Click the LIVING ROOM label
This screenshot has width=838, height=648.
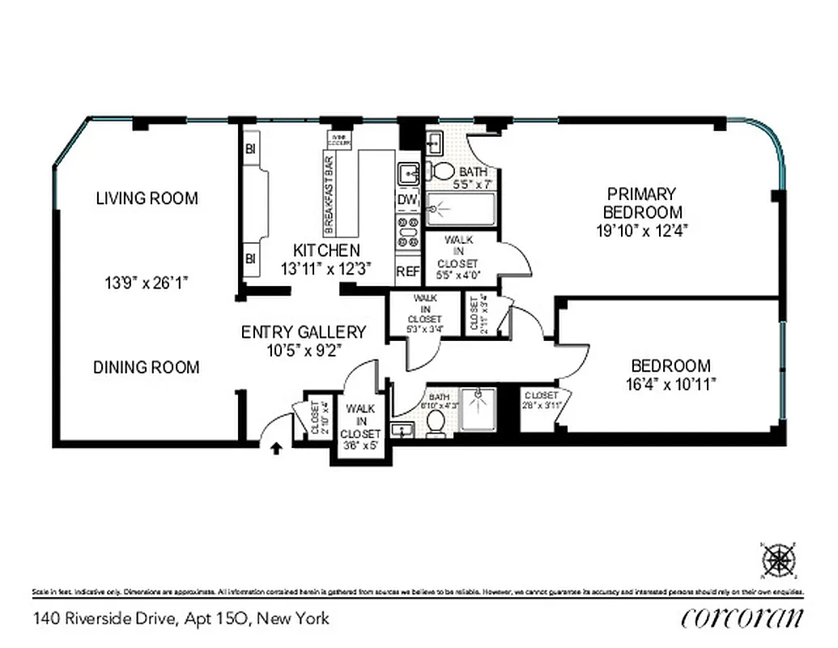[x=147, y=198]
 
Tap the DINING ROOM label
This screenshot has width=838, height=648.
[x=146, y=367]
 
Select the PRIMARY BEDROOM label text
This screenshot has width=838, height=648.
[x=642, y=202]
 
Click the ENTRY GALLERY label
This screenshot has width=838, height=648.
[x=304, y=332]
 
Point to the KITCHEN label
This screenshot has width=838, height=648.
[x=326, y=250]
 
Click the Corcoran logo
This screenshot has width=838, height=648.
[x=742, y=617]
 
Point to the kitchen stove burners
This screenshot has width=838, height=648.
[x=407, y=230]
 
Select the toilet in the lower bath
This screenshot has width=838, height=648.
[x=436, y=423]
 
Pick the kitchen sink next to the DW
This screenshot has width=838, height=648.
[x=408, y=173]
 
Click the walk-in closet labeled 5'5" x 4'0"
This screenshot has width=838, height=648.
[x=458, y=255]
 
